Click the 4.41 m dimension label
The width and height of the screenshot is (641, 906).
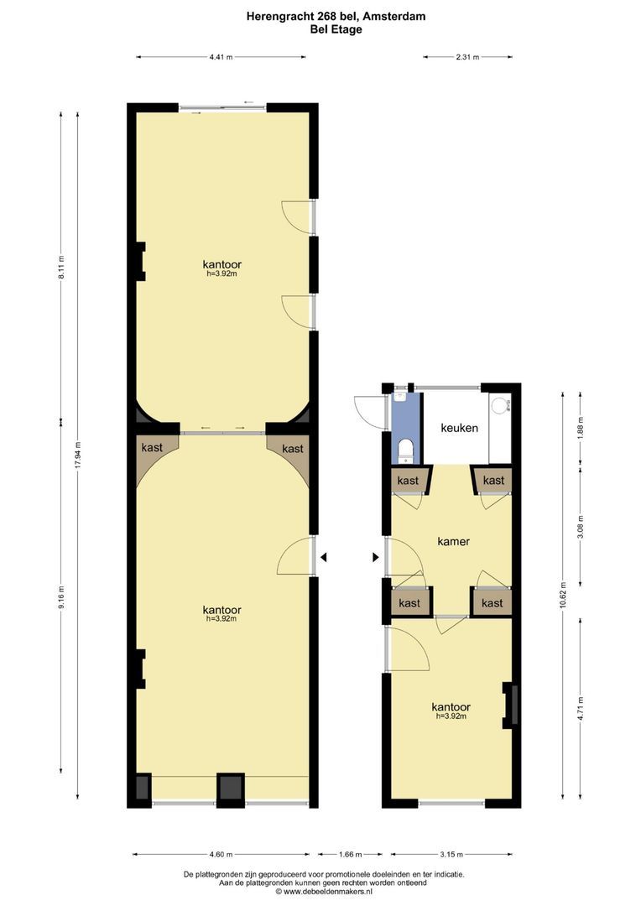pyautogui.click(x=221, y=57)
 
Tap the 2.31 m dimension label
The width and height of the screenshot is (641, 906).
pyautogui.click(x=467, y=57)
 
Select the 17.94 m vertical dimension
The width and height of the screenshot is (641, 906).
pyautogui.click(x=78, y=456)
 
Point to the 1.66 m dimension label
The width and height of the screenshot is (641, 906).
pyautogui.click(x=350, y=854)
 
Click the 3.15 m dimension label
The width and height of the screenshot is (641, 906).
pyautogui.click(x=451, y=854)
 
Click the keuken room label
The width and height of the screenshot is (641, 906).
pyautogui.click(x=460, y=428)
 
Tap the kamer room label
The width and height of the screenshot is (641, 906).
pyautogui.click(x=454, y=541)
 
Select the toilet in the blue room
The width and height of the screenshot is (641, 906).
pyautogui.click(x=406, y=450)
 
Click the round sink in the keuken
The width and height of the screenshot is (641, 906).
pyautogui.click(x=498, y=406)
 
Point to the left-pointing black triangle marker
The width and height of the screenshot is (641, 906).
pyautogui.click(x=324, y=558)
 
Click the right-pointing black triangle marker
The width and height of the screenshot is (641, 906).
pyautogui.click(x=376, y=558)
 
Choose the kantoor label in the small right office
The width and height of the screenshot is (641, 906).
pyautogui.click(x=451, y=706)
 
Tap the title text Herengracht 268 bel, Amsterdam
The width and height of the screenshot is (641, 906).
pyautogui.click(x=336, y=16)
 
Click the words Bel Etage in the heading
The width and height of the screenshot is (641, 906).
pyautogui.click(x=336, y=29)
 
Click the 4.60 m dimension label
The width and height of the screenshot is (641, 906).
pyautogui.click(x=221, y=854)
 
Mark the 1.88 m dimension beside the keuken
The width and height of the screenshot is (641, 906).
pyautogui.click(x=581, y=426)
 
